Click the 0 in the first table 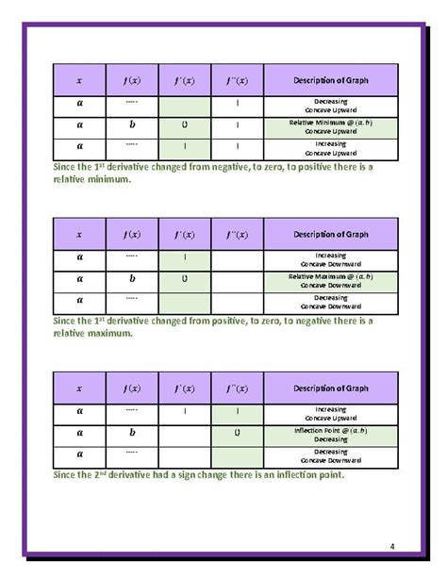click(x=185, y=126)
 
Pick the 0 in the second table click(x=185, y=279)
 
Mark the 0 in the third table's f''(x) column click(x=237, y=433)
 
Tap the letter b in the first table click(x=132, y=126)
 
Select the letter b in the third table click(x=132, y=433)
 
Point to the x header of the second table click(x=79, y=234)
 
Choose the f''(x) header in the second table click(x=237, y=234)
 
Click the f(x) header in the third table click(x=132, y=388)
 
